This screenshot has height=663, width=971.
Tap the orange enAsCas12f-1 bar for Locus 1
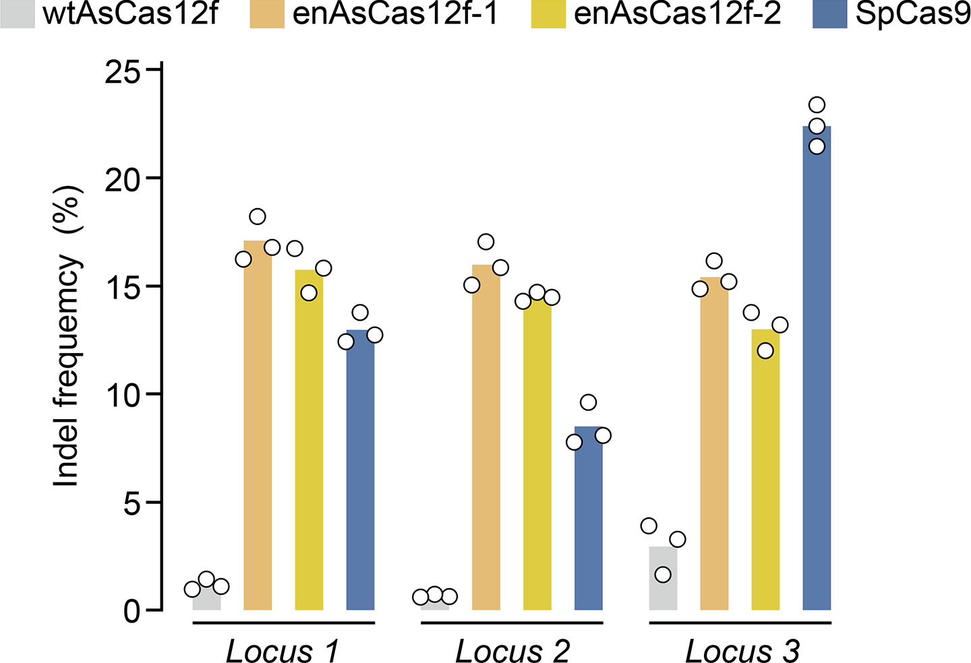258,431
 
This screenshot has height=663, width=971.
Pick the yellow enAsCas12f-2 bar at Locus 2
537,458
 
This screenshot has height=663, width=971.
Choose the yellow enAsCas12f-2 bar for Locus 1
309,445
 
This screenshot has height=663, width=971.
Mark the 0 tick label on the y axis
133,610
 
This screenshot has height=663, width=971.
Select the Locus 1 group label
282,651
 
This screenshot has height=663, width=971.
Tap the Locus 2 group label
512,651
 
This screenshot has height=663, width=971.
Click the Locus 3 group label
742,651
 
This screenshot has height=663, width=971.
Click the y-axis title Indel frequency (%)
68,337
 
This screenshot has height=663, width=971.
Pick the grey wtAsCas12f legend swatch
17,13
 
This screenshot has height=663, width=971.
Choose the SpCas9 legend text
912,13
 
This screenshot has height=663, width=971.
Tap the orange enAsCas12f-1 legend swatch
267,13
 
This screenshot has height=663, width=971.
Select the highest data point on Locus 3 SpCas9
817,105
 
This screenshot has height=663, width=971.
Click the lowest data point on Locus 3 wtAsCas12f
663,574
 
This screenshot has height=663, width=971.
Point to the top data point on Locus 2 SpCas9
588,402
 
